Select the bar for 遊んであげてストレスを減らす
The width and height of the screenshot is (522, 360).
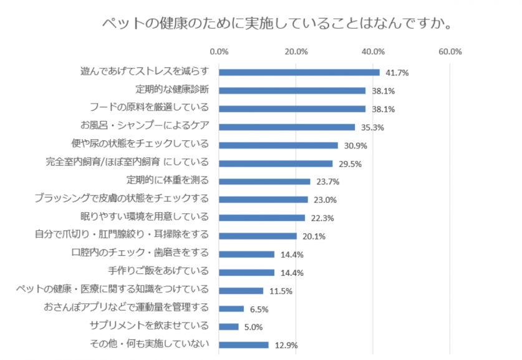(x=299, y=72)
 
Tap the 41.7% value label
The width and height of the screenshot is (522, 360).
(x=395, y=73)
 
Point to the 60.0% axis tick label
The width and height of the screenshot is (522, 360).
(x=450, y=52)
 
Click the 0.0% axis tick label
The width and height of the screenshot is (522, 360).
(x=219, y=52)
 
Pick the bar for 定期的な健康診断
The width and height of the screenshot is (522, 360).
(x=292, y=90)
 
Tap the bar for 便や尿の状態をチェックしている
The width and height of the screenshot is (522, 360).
(x=278, y=145)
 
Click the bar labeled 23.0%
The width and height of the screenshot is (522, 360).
(x=263, y=200)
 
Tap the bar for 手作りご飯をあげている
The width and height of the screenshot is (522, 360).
(x=246, y=272)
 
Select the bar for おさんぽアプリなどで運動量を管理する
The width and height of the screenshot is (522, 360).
(x=231, y=308)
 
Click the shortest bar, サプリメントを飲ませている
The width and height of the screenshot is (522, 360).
(x=228, y=326)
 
